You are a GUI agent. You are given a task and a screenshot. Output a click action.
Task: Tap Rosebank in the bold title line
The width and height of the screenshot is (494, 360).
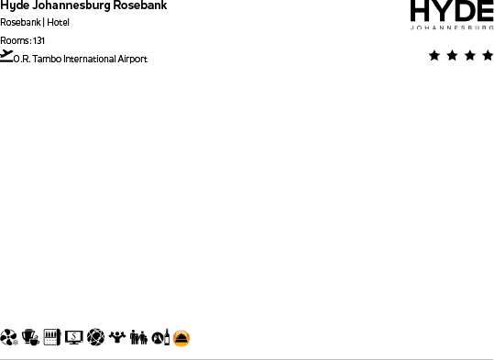pyautogui.click(x=140, y=5)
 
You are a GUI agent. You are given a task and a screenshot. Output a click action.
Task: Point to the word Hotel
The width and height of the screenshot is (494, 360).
pyautogui.click(x=59, y=22)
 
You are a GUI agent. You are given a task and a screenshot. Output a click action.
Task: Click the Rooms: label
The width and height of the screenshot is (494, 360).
pyautogui.click(x=15, y=40)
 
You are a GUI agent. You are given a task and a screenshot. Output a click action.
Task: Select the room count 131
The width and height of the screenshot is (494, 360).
pyautogui.click(x=38, y=40)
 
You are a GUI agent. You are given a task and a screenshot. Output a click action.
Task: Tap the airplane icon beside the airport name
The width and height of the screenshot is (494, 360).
pyautogui.click(x=7, y=56)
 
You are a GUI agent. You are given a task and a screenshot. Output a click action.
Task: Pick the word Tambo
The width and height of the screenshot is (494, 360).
pyautogui.click(x=47, y=60)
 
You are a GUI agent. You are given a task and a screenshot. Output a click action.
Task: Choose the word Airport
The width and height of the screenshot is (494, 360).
pyautogui.click(x=133, y=60)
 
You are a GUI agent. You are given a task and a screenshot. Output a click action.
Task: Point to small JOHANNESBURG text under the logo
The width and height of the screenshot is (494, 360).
pyautogui.click(x=452, y=28)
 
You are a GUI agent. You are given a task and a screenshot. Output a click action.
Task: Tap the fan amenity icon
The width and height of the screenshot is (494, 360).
pyautogui.click(x=10, y=338)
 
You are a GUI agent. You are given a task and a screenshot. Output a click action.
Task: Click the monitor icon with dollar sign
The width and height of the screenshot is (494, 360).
pyautogui.click(x=74, y=338)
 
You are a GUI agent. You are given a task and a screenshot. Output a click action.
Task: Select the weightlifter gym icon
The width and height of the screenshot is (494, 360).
pyautogui.click(x=117, y=338)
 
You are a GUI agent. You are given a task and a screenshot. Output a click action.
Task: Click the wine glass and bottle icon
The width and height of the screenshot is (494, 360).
pyautogui.click(x=160, y=338)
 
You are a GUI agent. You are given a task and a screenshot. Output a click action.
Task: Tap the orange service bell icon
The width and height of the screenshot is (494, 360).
pyautogui.click(x=182, y=338)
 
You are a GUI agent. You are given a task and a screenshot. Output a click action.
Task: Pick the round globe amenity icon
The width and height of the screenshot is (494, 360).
pyautogui.click(x=95, y=338)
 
